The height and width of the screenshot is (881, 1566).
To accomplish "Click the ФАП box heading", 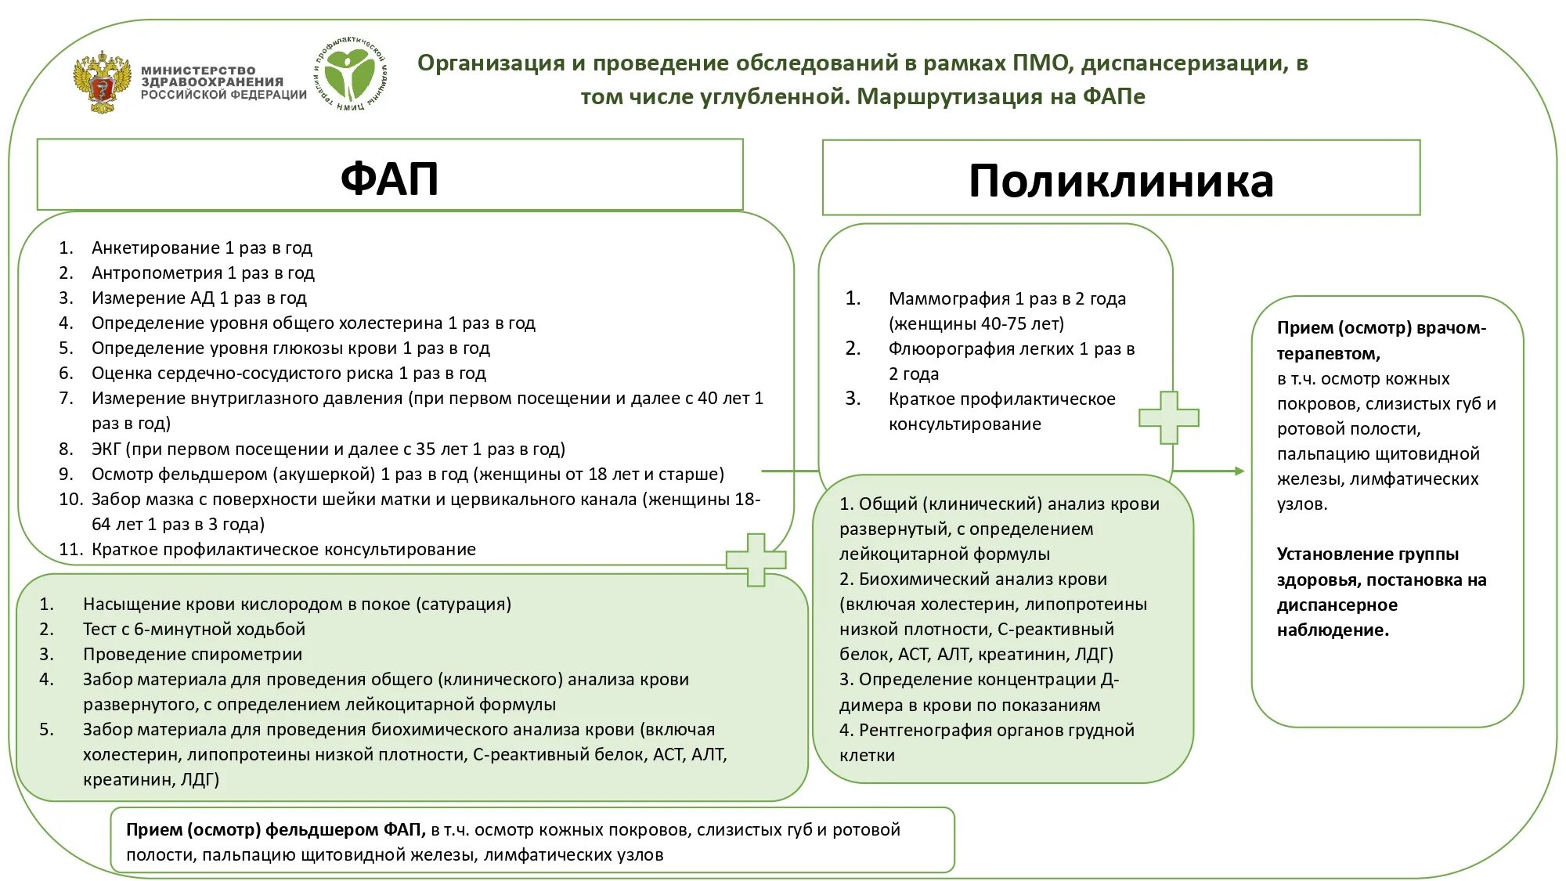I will click(389, 179).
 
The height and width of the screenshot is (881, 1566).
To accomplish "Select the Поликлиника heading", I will click(1120, 181).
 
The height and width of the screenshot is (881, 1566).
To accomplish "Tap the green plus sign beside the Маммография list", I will click(1168, 417).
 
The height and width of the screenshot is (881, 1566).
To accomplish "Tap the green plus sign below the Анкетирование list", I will click(756, 559).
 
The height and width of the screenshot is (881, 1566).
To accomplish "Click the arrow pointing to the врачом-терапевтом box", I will click(1210, 471).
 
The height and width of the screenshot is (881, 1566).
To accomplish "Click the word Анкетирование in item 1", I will click(155, 247).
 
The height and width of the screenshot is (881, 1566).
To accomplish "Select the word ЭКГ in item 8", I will click(106, 449).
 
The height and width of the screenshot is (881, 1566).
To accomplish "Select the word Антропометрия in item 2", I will click(157, 273).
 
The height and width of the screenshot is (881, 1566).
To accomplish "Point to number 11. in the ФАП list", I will click(70, 549).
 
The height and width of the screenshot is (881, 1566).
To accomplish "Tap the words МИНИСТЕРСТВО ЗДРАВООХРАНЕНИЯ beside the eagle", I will click(211, 76).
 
